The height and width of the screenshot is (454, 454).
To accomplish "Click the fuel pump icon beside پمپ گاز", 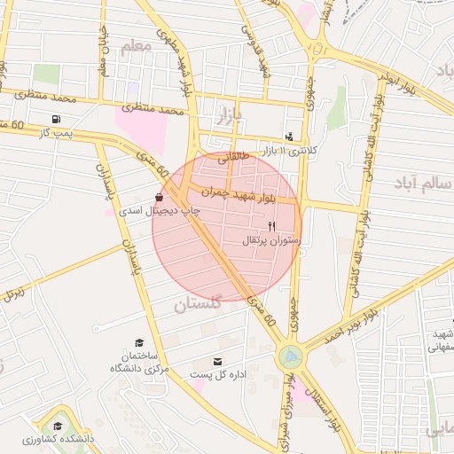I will click(57, 119).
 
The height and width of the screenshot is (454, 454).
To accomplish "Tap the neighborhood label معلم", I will click(137, 47).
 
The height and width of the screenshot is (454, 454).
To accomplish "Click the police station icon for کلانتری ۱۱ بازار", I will click(289, 137).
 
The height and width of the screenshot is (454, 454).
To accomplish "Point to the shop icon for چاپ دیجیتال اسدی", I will click(159, 197).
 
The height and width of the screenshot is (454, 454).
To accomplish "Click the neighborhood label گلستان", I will click(196, 306).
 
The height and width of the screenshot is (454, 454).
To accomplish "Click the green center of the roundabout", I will click(289, 357).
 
